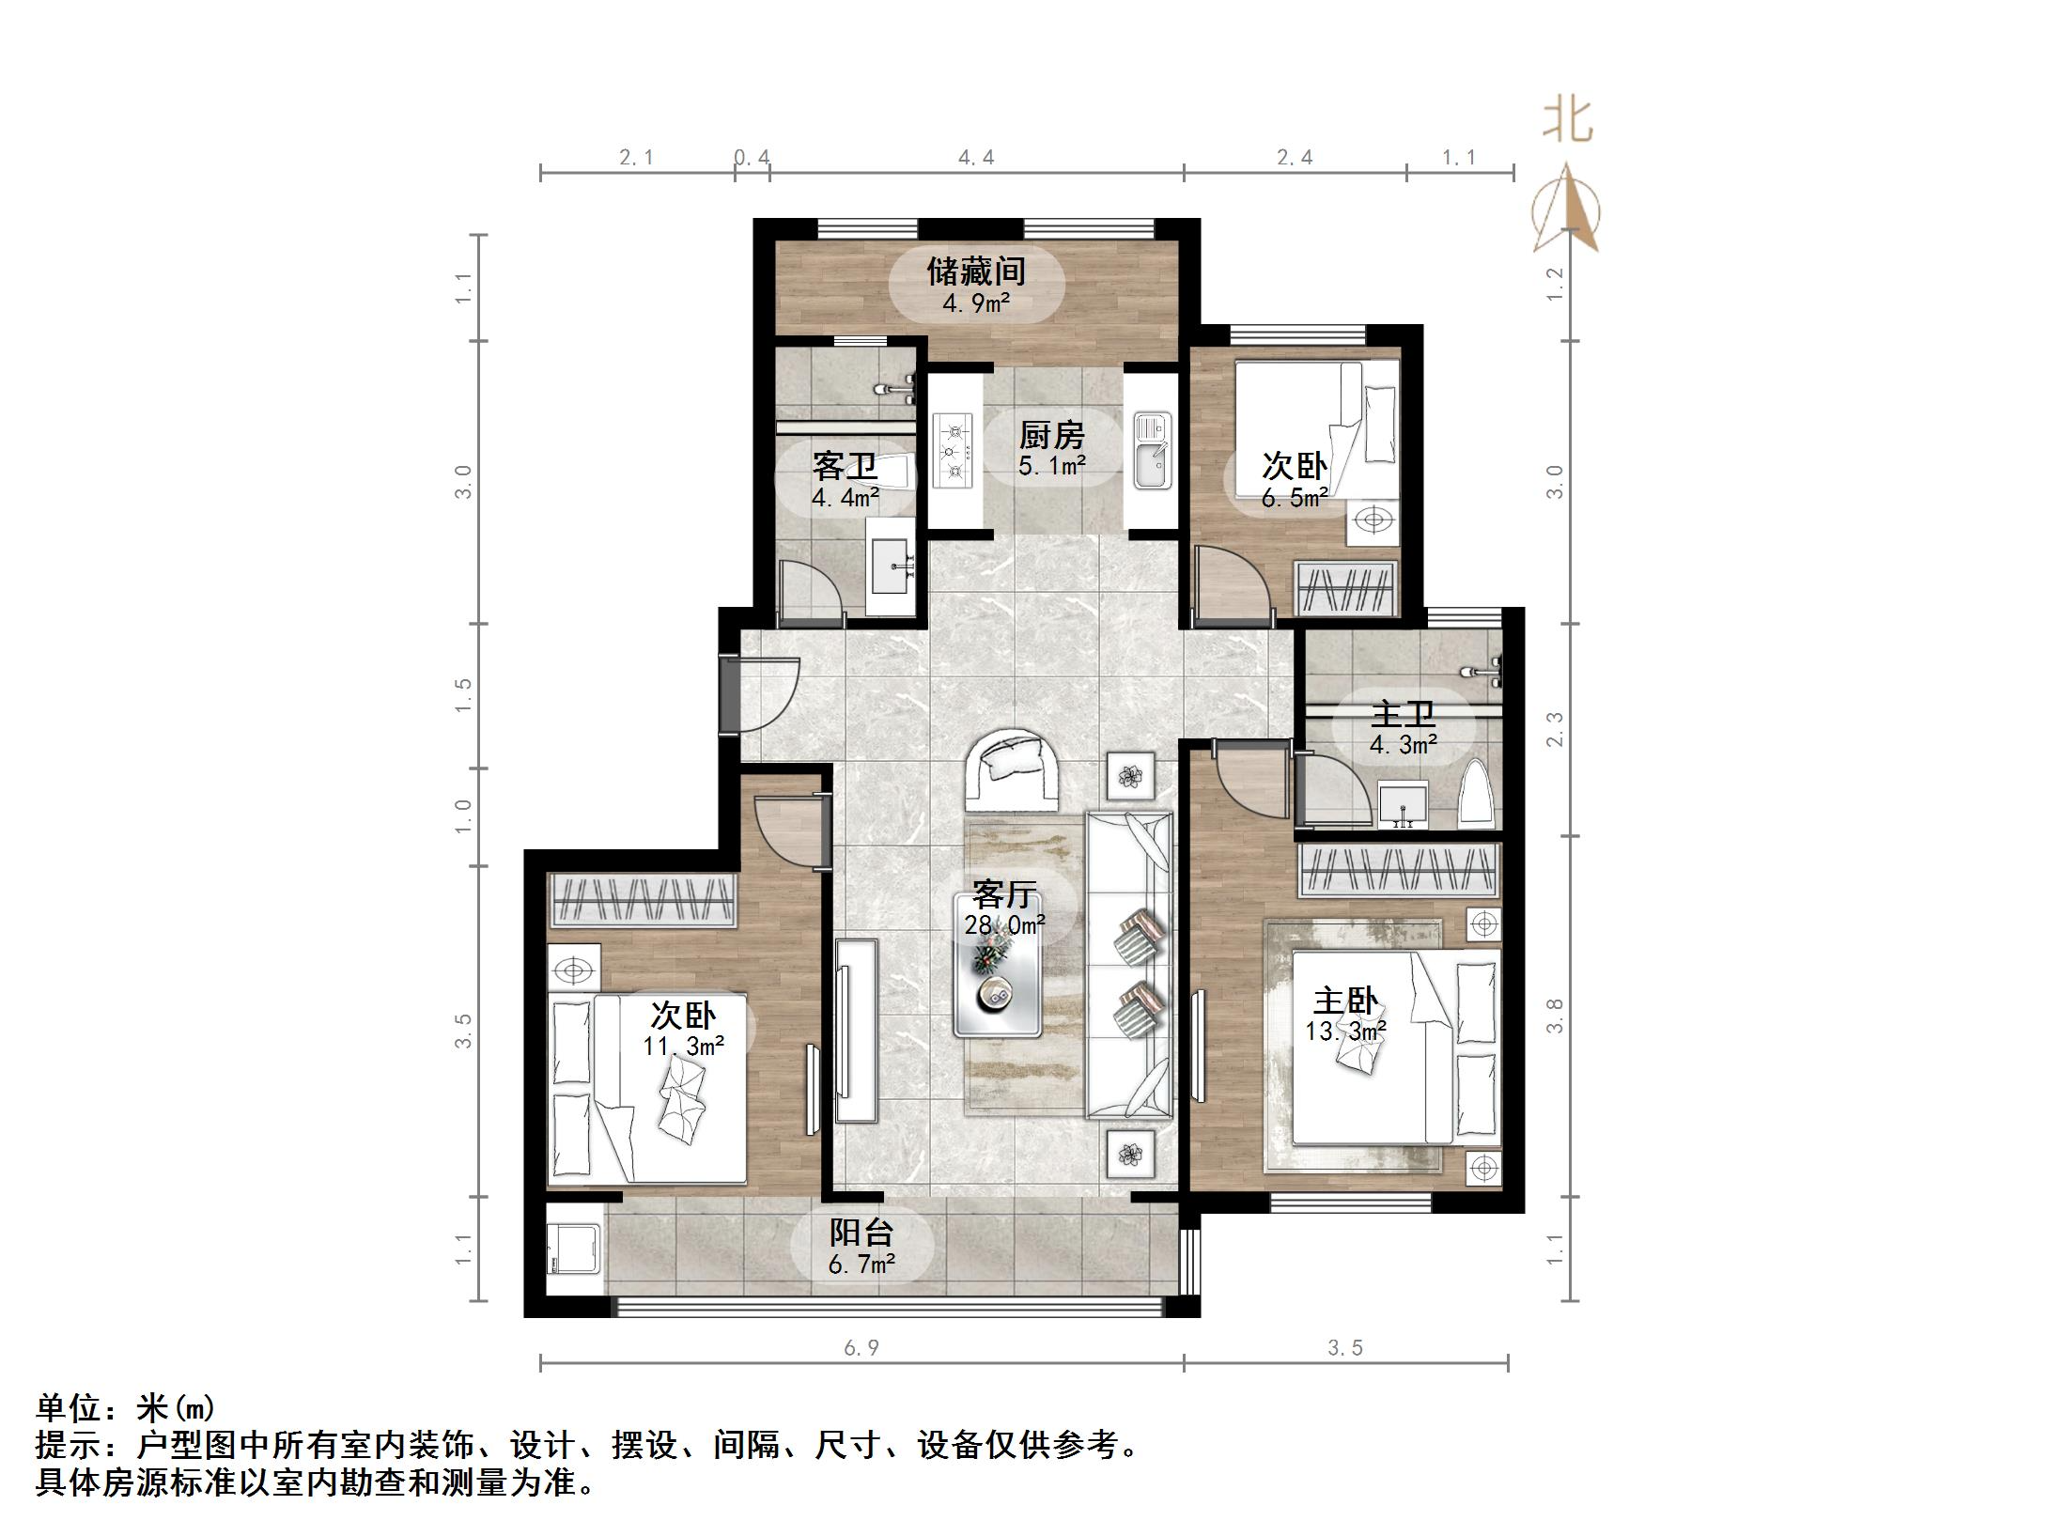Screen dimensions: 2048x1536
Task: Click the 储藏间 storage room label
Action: point(976,272)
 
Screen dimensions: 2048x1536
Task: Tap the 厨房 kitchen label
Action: point(1052,435)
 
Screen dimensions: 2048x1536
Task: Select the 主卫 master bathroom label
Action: point(1403,715)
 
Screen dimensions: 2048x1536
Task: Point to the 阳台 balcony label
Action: point(861,1233)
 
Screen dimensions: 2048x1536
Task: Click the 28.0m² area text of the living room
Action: point(1005,925)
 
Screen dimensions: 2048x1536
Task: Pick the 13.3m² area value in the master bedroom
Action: point(1346,1032)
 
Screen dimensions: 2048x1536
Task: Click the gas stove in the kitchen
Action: point(956,451)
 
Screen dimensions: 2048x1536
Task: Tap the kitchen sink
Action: point(1151,451)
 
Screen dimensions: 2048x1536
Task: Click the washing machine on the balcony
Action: point(574,1249)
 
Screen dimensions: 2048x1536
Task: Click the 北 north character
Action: point(1567,121)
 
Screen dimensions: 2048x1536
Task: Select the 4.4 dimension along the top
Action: point(976,158)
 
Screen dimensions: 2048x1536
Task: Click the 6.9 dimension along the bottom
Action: point(861,1348)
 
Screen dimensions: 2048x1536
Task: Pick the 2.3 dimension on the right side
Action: point(1555,729)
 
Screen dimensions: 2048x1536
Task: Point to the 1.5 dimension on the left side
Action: point(463,695)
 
